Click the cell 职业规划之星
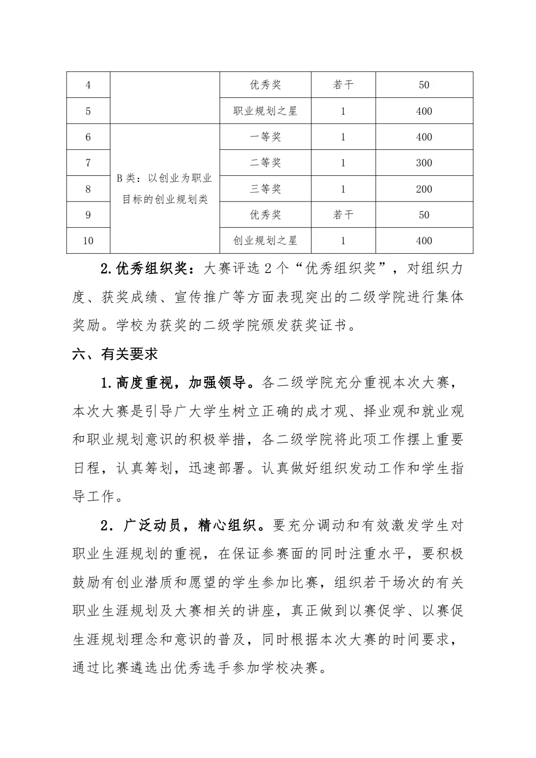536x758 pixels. click(x=265, y=111)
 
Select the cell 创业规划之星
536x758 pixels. click(x=265, y=241)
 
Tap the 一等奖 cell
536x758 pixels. click(x=265, y=137)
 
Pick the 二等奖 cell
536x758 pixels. click(x=265, y=163)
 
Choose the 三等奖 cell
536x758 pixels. click(x=265, y=189)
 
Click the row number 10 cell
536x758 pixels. click(x=88, y=241)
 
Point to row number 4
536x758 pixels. click(x=88, y=85)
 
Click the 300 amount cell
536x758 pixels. click(x=424, y=163)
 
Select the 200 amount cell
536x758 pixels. click(x=424, y=189)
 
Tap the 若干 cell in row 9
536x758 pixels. click(x=343, y=215)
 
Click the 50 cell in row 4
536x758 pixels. click(x=424, y=85)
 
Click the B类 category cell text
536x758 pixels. click(x=165, y=189)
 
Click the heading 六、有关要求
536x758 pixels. click(x=115, y=354)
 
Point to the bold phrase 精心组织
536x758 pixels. click(x=227, y=525)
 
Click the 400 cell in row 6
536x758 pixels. click(x=424, y=137)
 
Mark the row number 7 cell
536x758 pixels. click(x=88, y=163)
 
